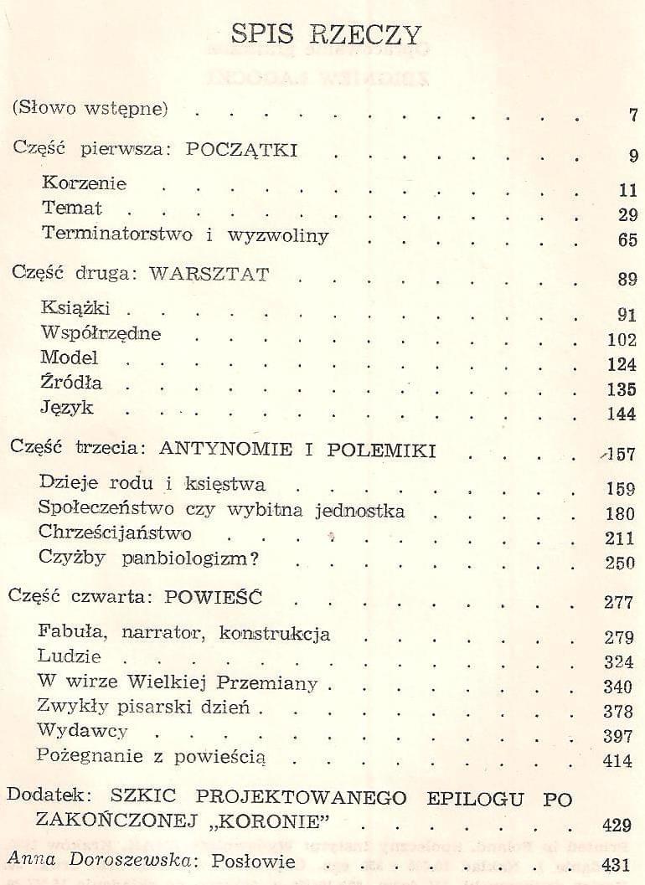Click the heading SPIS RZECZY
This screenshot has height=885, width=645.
[x=326, y=34]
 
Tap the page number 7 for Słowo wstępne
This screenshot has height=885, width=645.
[x=632, y=116]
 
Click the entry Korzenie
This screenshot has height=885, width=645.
[x=84, y=183]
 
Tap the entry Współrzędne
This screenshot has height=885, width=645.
[x=101, y=333]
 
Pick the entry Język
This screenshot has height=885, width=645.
[x=66, y=409]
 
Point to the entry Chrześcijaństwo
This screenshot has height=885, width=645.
[x=116, y=533]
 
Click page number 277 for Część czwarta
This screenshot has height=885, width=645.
[x=621, y=602]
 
